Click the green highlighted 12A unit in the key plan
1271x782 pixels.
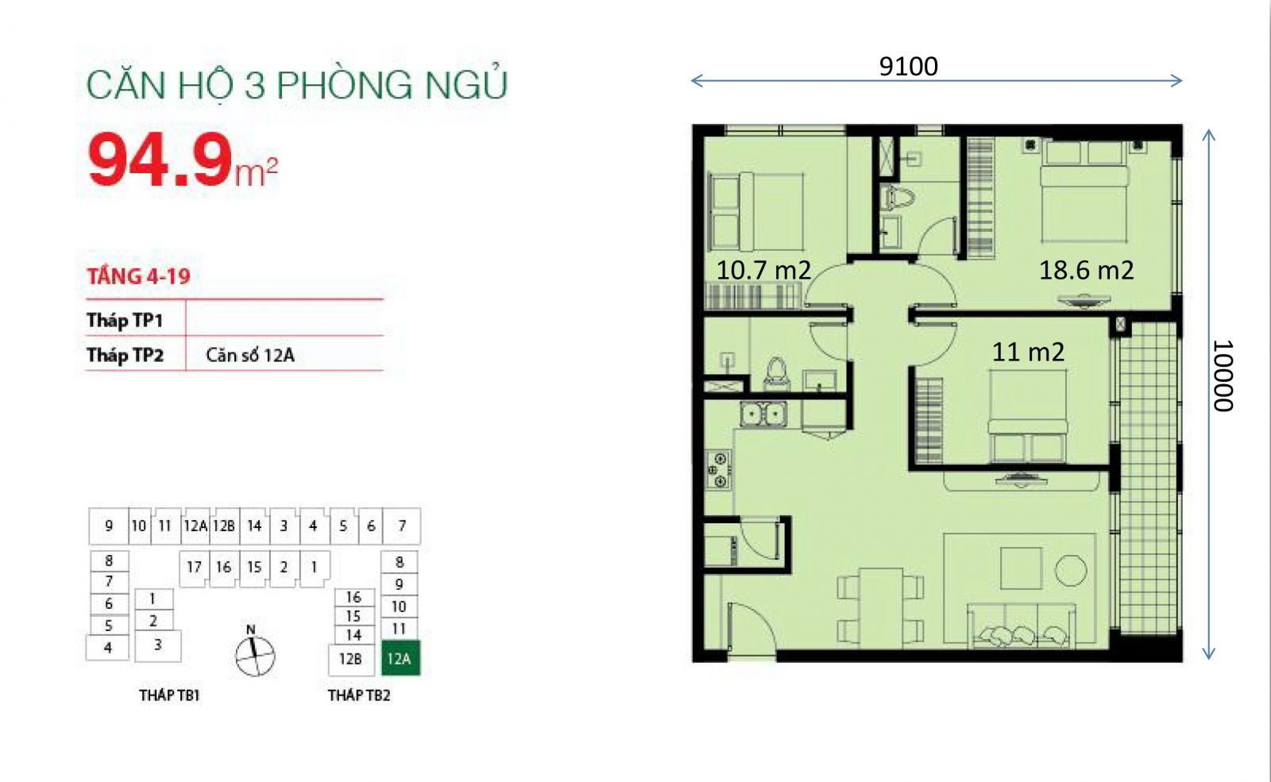[400, 658]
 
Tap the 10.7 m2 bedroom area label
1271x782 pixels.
[763, 270]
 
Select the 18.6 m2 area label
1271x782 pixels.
[1086, 270]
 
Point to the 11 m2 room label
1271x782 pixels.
[1028, 352]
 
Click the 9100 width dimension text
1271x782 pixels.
[909, 67]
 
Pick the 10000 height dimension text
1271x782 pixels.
[1223, 376]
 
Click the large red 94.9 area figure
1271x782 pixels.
[160, 160]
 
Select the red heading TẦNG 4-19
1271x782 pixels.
[138, 276]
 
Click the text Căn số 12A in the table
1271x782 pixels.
[249, 355]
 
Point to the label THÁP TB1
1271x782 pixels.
[169, 695]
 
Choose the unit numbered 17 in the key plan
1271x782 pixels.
[194, 567]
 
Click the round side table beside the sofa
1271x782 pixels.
[1070, 570]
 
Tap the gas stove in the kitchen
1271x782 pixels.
[718, 469]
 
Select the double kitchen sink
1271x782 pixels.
[763, 414]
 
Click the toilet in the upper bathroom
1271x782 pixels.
[899, 198]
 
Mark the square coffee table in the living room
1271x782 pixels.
[1021, 568]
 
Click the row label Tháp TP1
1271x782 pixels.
[125, 321]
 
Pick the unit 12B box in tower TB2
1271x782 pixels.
[350, 659]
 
